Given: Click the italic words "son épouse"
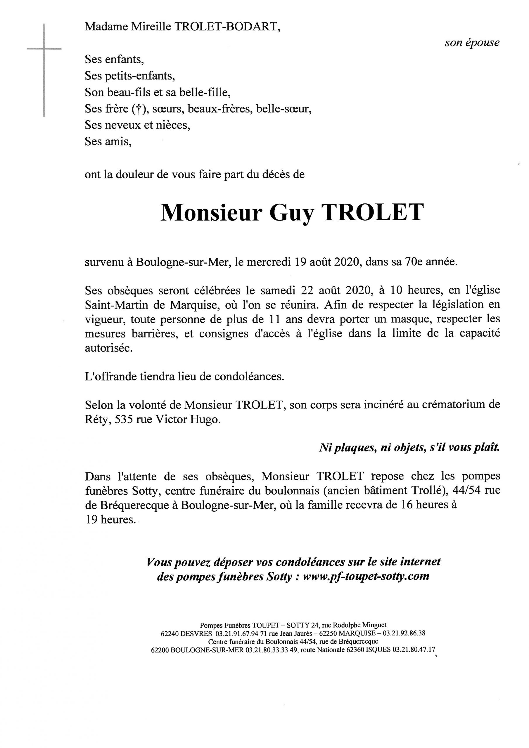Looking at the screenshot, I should pyautogui.click(x=472, y=43).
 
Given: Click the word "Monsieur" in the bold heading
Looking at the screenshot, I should pyautogui.click(x=211, y=213).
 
